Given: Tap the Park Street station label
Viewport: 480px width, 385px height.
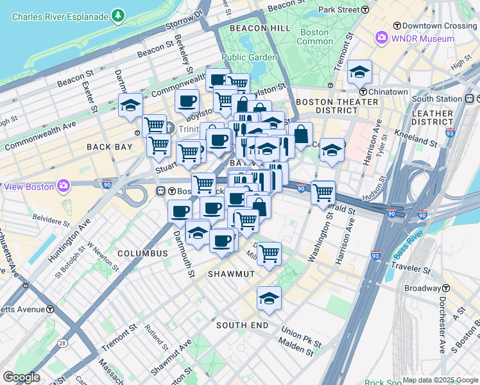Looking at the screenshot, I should click(343, 10).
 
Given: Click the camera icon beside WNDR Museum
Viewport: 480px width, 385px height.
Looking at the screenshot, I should click(381, 38).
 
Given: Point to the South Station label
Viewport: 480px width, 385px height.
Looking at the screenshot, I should click(437, 99).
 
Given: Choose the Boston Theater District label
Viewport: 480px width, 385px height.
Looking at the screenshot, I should click(337, 106).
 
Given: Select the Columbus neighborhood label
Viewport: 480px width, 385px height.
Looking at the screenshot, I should click(142, 253).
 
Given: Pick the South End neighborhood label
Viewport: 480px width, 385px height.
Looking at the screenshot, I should click(242, 325).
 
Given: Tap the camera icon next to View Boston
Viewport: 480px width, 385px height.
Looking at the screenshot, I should click(63, 186).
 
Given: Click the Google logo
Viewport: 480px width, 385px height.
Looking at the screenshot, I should click(21, 377).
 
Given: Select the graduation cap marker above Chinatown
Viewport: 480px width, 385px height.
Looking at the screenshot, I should click(359, 73).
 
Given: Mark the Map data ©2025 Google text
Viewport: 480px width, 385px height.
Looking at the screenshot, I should click(440, 380).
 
